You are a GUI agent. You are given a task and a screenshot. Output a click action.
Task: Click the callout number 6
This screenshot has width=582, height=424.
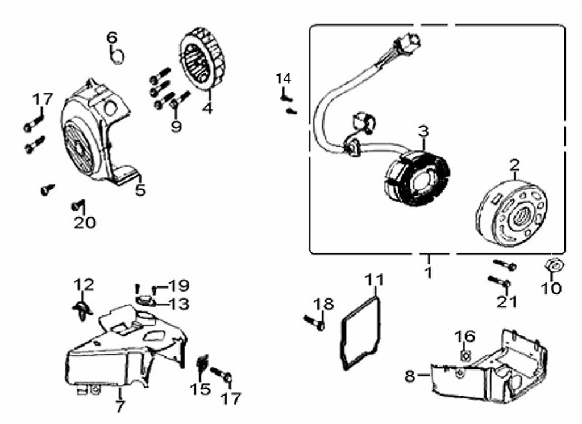point(112,38)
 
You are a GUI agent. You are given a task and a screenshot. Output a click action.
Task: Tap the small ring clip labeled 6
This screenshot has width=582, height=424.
point(117,57)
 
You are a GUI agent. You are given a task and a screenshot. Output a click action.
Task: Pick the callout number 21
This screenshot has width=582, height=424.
point(506,301)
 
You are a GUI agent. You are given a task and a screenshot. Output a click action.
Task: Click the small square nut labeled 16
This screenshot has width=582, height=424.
point(464,356)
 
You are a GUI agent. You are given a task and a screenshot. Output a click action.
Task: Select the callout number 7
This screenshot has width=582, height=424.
point(120,406)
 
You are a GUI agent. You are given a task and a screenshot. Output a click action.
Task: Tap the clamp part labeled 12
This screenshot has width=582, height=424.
point(81,307)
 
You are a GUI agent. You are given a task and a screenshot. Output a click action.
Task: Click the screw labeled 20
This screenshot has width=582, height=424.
point(76,205)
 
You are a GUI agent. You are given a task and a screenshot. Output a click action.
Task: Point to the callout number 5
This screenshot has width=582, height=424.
point(140,190)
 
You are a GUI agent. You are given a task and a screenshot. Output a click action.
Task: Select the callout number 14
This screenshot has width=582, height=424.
point(283,78)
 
